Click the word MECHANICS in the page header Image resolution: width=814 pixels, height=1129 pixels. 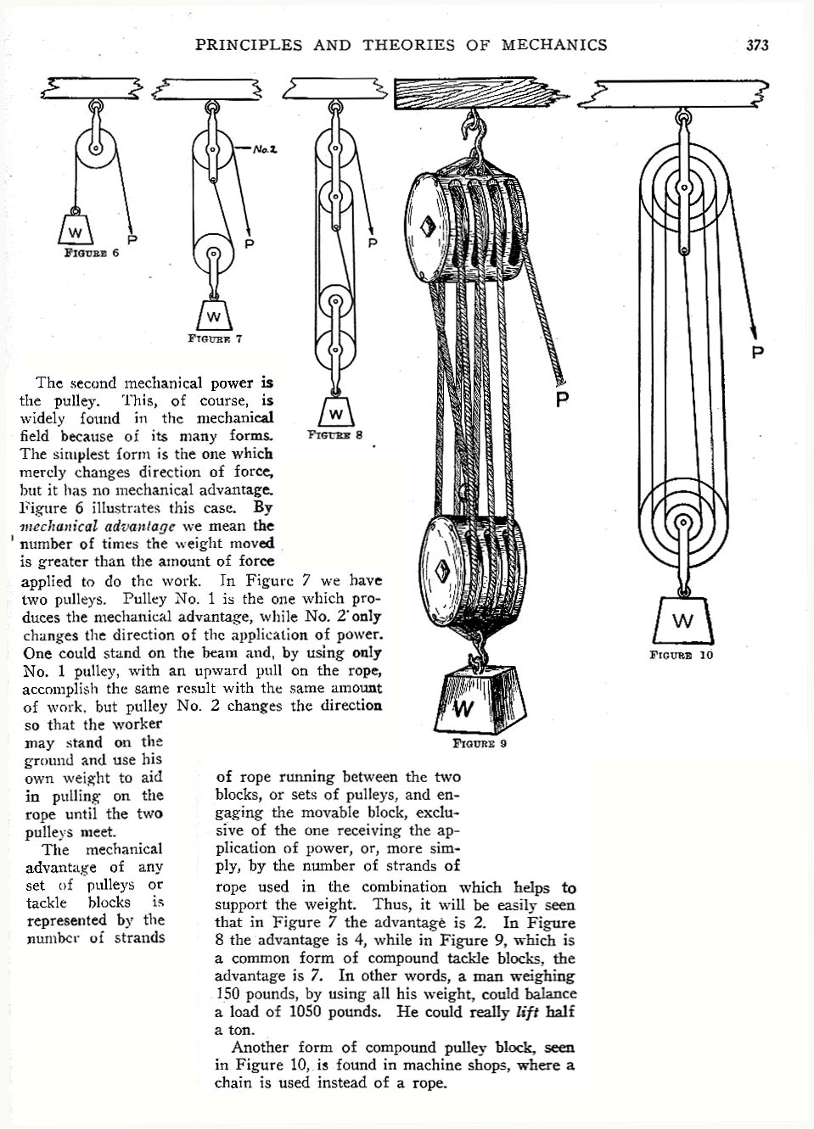coord(554,45)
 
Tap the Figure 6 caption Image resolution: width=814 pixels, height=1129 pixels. coord(92,252)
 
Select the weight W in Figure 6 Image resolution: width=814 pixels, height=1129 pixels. coord(76,230)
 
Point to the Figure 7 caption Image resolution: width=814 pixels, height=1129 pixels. coord(215,338)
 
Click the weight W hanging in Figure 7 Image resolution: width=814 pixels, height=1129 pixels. coord(213,316)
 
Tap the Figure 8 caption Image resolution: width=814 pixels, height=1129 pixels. coord(335,435)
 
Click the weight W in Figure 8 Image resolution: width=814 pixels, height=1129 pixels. coord(335,413)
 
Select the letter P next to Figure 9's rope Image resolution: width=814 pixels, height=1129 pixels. coord(561,399)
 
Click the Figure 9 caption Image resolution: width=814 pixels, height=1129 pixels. coord(480,744)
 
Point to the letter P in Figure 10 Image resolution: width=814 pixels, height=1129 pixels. coord(757,351)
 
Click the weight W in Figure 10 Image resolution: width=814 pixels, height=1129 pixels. coord(682,622)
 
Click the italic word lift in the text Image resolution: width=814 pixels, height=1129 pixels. coord(527,1012)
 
